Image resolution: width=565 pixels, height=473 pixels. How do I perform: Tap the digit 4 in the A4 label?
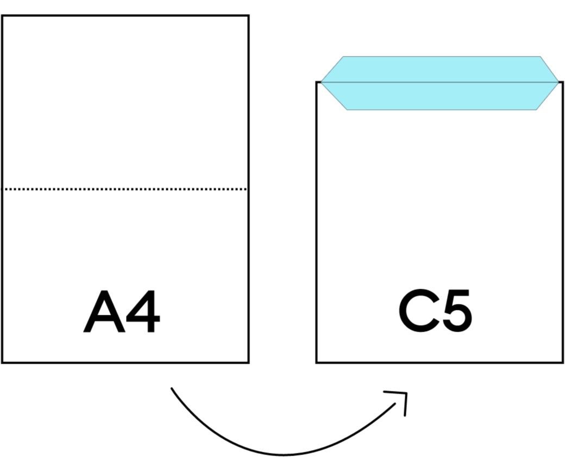point(143,313)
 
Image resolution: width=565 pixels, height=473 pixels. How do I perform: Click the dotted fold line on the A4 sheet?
point(125,189)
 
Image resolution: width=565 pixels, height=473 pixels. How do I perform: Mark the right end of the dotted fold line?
point(245,189)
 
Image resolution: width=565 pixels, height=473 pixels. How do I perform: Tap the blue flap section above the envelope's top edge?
point(440,70)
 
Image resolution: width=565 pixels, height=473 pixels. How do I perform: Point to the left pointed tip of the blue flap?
point(322,83)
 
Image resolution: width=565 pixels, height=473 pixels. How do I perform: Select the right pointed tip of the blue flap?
point(558,83)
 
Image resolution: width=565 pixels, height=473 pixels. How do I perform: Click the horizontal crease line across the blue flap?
point(440,83)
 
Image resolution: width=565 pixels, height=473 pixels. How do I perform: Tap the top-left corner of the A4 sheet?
point(4,17)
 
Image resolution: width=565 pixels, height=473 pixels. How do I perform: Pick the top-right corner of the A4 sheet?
point(247,17)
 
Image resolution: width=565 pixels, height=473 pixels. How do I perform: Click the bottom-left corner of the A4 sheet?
point(4,360)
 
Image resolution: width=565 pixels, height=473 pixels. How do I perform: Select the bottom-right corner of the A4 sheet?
point(247,360)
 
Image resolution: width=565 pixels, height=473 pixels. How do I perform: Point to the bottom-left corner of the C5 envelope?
point(318,360)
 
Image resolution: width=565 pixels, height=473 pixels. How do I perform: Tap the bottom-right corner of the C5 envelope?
point(561,360)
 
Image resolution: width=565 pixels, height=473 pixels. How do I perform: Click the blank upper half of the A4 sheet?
point(125,103)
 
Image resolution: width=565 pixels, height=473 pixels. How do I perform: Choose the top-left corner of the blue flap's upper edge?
point(343,57)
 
